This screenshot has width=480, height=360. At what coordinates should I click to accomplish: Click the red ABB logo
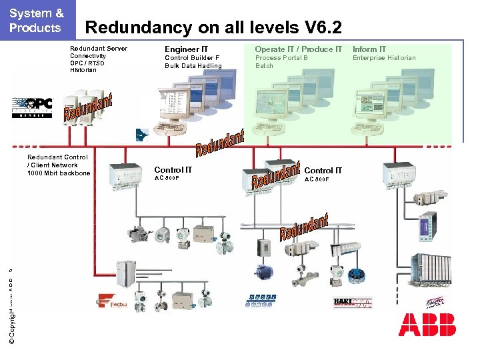427,325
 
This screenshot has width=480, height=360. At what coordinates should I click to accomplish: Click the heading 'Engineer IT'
186,49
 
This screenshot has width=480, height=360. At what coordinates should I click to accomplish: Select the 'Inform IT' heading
369,49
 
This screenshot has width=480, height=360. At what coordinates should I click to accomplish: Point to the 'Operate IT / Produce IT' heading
298,49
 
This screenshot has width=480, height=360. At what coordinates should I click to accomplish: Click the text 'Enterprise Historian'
384,58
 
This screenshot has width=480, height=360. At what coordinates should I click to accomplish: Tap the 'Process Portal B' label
281,58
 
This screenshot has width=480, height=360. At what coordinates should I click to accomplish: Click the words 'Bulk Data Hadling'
193,66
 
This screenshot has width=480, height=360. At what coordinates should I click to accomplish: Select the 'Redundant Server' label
99,49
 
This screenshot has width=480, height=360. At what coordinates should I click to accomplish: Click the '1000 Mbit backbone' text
59,173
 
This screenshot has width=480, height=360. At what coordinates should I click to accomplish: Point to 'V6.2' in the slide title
323,27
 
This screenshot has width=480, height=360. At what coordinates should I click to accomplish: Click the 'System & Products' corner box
37,20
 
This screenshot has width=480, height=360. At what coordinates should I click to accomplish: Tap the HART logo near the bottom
353,303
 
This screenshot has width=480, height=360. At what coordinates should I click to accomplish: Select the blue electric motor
261,272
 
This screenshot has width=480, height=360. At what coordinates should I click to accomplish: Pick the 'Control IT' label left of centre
173,170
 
